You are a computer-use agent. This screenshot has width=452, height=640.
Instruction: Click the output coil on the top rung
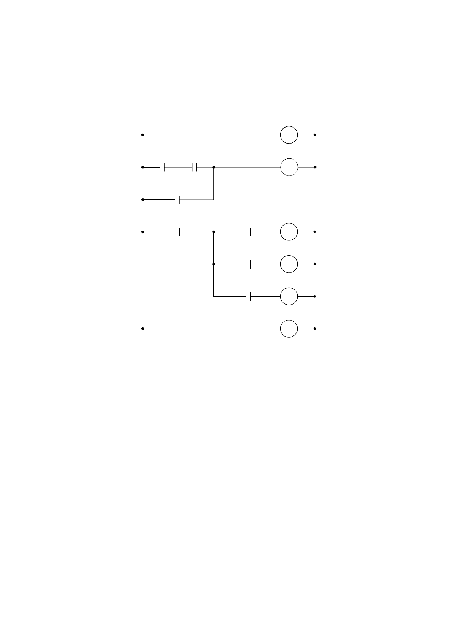pos(289,135)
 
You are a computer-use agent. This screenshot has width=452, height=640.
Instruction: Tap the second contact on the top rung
pos(206,135)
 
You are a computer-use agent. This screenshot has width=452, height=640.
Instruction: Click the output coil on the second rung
pos(289,167)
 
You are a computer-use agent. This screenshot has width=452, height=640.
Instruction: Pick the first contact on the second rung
pos(162,167)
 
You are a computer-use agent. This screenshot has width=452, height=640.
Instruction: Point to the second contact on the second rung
pos(195,167)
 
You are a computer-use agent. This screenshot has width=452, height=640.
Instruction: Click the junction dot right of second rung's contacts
pos(214,167)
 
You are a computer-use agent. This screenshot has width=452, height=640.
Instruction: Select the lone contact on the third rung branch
pos(177,199)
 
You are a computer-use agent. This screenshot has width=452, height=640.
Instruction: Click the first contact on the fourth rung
pos(177,232)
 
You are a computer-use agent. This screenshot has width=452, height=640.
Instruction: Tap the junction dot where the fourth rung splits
pos(214,232)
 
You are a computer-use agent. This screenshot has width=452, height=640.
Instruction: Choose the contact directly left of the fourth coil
pos(249,232)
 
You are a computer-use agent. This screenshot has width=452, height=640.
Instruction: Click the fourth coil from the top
pos(289,232)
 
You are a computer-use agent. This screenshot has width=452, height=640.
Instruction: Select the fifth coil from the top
pos(289,264)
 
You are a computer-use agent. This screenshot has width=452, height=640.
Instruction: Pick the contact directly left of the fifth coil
pos(249,264)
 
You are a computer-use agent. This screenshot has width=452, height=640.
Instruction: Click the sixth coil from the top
pos(289,296)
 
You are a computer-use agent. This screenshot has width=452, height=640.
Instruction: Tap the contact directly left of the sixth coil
pos(249,296)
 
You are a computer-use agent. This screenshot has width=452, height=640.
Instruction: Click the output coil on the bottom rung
pos(289,329)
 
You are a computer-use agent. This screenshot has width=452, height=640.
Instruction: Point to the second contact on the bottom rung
pos(206,329)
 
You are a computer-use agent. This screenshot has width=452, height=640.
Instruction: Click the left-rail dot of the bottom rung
pos(143,329)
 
